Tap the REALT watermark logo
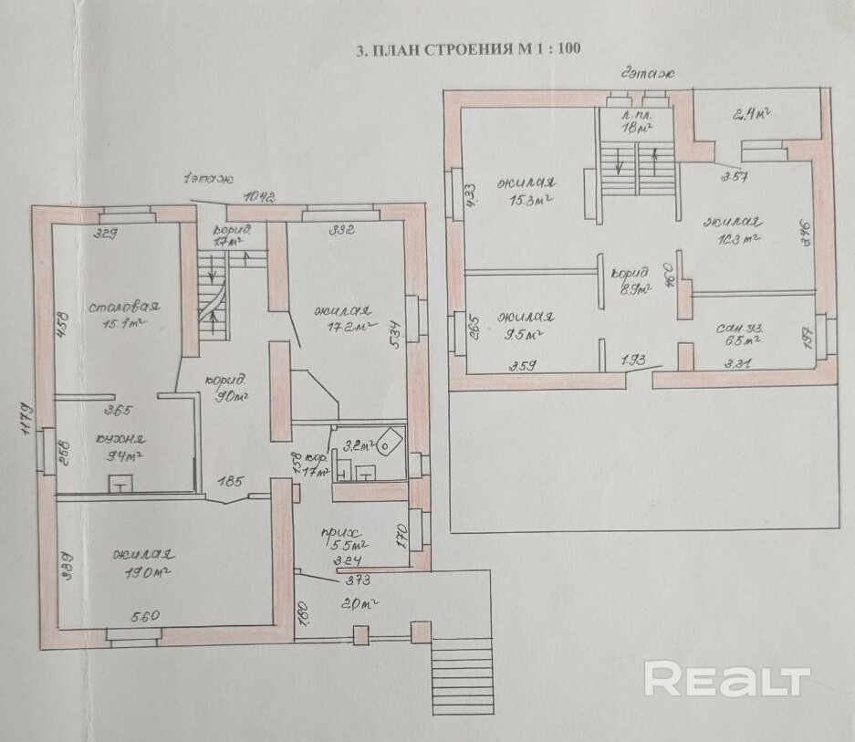coord(727,680)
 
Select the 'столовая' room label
coord(125,306)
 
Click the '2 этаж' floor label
coord(643,78)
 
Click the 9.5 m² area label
coord(523,334)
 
